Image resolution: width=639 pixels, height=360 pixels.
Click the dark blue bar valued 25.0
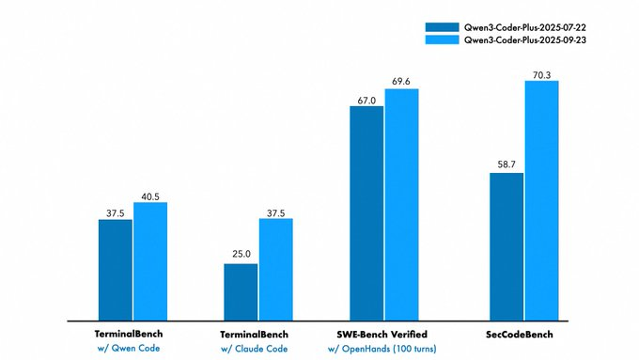[x=240, y=291]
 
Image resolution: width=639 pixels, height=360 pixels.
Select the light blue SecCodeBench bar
[x=541, y=200]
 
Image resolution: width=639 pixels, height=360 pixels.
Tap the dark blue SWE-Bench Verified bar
[x=366, y=212]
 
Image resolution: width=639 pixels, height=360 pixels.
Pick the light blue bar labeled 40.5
[x=149, y=260]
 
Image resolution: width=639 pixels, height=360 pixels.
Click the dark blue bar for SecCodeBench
[x=507, y=246]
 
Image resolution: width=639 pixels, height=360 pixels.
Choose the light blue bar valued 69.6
[x=401, y=204]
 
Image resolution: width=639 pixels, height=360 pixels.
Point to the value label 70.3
[x=541, y=73]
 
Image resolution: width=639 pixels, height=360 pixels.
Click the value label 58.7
[x=507, y=164]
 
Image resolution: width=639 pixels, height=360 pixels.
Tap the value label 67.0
[x=366, y=98]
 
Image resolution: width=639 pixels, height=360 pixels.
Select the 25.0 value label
[x=240, y=256]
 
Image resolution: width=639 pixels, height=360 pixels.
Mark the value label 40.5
[x=149, y=196]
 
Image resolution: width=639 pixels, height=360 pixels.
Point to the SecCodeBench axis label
[x=525, y=335]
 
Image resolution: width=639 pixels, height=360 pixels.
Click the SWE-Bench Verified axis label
[x=384, y=335]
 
